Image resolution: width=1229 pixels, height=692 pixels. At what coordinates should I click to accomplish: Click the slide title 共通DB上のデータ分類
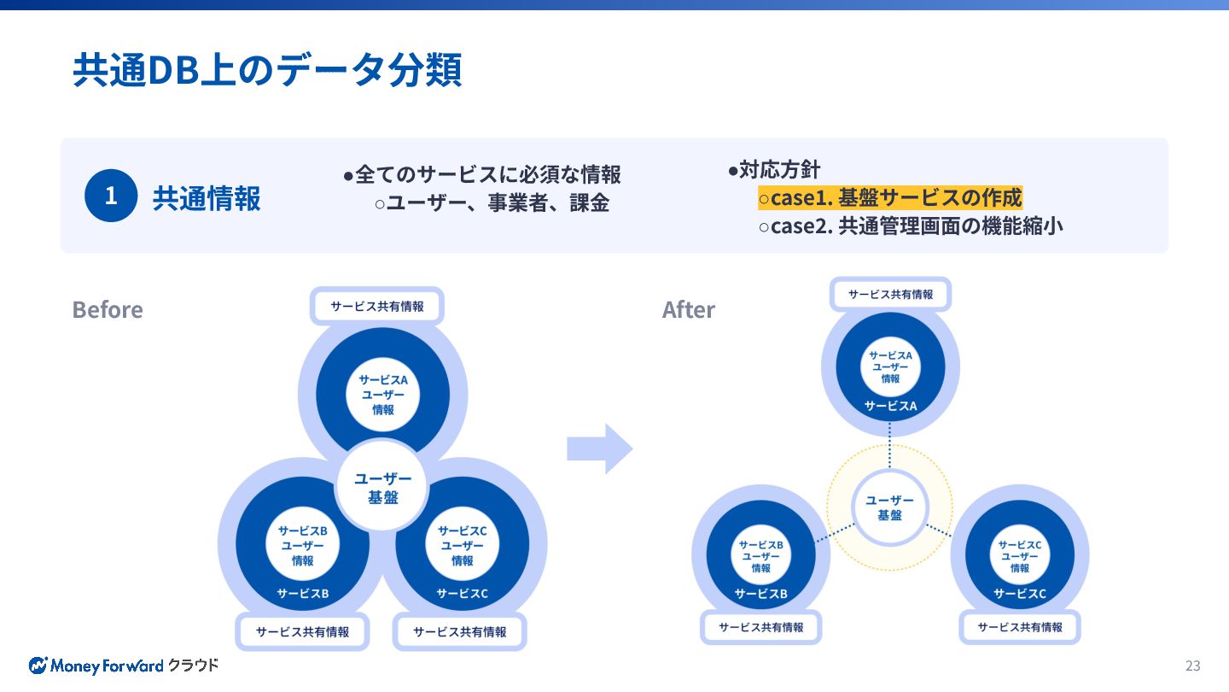click(267, 70)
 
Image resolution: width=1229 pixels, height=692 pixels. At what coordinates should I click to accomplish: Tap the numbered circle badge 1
click(111, 196)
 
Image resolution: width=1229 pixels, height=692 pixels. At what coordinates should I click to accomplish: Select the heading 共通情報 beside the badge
click(207, 198)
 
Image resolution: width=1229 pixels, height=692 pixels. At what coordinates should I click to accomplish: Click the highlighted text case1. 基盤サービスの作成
click(890, 198)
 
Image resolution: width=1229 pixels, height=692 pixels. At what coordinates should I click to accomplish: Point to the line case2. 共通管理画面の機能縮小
click(911, 226)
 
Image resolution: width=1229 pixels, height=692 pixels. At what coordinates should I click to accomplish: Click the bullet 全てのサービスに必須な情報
click(482, 175)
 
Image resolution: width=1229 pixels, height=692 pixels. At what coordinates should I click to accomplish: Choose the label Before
click(108, 309)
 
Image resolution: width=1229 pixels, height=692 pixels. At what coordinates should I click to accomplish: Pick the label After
click(689, 309)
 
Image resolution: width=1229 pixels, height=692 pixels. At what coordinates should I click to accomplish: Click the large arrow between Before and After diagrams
click(599, 448)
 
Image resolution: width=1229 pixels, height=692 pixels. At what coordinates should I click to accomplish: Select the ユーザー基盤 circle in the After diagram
click(889, 508)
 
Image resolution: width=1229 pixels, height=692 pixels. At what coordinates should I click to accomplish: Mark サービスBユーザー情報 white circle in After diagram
click(760, 556)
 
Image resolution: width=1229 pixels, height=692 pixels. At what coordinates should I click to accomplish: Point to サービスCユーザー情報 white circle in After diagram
click(1020, 556)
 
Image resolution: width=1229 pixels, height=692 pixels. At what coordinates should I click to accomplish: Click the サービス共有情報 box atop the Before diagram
click(377, 306)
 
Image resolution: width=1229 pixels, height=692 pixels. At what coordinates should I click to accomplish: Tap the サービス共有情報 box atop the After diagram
click(890, 294)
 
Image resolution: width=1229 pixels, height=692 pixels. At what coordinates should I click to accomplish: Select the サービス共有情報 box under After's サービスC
click(1020, 627)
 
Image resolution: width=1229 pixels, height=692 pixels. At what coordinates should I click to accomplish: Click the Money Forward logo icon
click(38, 666)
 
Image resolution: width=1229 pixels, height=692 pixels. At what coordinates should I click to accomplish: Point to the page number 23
click(1192, 666)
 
